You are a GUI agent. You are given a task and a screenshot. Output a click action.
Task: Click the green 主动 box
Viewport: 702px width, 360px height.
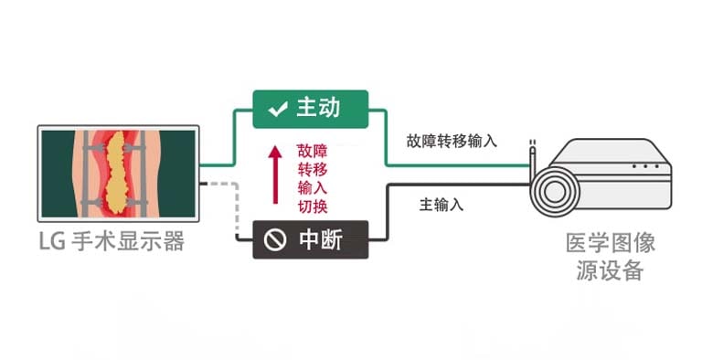[310, 109]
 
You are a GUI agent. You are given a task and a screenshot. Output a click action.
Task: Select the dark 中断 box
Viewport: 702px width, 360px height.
[310, 239]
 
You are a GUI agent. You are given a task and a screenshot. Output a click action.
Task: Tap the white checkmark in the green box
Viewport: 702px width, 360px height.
[275, 111]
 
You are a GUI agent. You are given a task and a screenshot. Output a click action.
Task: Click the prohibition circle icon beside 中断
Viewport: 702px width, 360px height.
[274, 240]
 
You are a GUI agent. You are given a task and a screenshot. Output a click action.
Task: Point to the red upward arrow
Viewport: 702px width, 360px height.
[273, 174]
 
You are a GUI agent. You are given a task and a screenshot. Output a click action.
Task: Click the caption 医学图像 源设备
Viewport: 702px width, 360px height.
[611, 258]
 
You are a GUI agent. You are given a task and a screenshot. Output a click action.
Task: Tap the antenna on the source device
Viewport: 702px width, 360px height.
[531, 155]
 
